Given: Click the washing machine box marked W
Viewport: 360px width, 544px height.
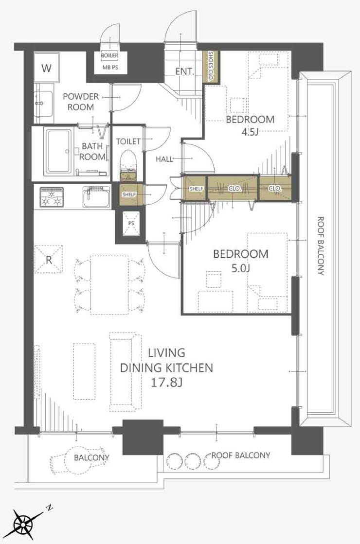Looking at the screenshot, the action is tap(47, 68).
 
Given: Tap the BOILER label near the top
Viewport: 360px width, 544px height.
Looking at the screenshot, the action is tap(109, 55).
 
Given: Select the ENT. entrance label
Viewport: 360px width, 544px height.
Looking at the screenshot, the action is tap(184, 71).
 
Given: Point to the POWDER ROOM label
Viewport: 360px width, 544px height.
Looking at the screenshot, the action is tap(81, 102).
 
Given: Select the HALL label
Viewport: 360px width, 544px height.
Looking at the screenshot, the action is tap(164, 159).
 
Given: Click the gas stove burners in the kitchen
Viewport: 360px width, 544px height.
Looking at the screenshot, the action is tap(52, 197).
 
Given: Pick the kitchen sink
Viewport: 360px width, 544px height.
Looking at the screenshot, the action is tap(96, 197).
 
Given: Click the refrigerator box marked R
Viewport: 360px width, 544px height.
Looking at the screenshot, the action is tap(49, 259).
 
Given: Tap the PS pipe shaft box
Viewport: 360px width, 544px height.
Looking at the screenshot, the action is tap(131, 224).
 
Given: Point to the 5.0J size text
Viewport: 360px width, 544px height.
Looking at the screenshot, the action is tap(240, 268).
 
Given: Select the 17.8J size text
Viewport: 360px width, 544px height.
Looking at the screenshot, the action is tap(167, 382).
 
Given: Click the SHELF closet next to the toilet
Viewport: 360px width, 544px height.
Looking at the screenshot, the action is tap(129, 194).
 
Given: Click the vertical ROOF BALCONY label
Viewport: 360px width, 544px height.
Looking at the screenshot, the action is tap(321, 246).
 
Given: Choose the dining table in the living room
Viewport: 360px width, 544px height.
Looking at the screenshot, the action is tap(109, 285).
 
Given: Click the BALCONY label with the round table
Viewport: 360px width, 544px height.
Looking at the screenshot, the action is tap(91, 457).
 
